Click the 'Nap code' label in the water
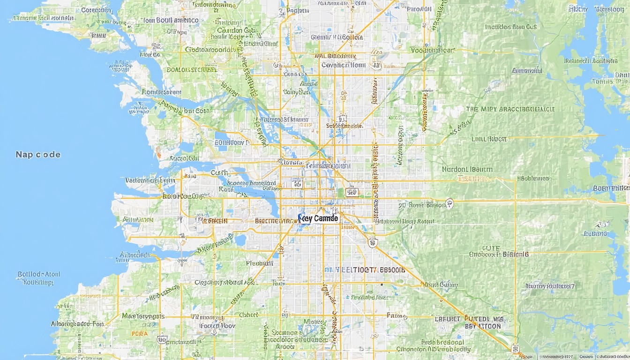click(38, 155)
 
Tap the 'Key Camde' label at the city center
click(318, 218)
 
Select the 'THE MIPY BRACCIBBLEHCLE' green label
click(510, 109)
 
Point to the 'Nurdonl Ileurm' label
click(467, 169)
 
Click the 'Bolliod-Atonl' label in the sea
click(38, 274)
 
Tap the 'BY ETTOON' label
click(483, 326)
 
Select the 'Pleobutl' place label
click(259, 263)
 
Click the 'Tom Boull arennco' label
click(170, 21)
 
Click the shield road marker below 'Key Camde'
click(373, 242)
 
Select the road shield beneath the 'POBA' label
click(162, 339)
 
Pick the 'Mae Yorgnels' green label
click(143, 316)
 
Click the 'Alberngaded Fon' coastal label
click(77, 324)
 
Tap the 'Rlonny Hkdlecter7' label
click(550, 286)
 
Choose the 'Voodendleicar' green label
click(432, 50)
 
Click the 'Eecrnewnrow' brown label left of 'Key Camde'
click(275, 220)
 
